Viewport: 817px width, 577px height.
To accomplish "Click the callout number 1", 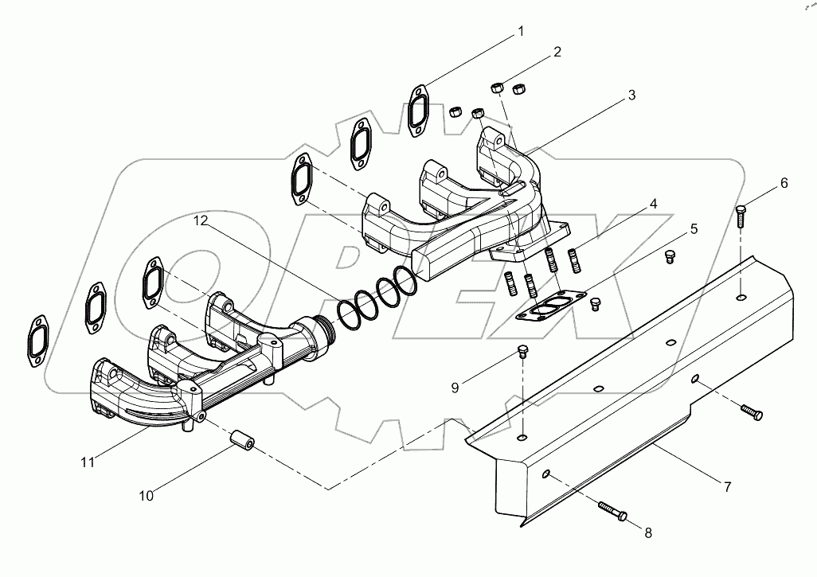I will pyautogui.click(x=521, y=32).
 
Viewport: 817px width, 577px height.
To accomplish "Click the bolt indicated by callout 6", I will pyautogui.click(x=741, y=214).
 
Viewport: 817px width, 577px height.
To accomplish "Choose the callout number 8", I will pyautogui.click(x=647, y=533).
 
